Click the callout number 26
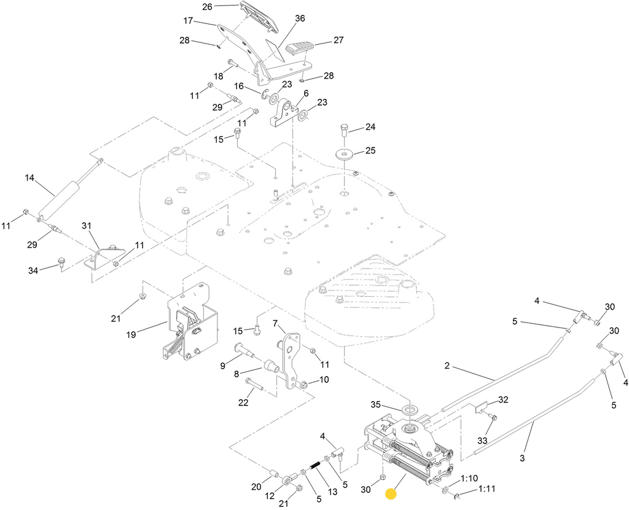(x=207, y=7)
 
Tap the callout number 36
(x=300, y=18)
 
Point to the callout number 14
(x=30, y=178)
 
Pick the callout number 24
(x=370, y=128)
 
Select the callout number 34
(x=33, y=270)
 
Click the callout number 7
(x=276, y=323)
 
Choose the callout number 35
(x=376, y=404)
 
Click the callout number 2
(x=448, y=366)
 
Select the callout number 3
(x=522, y=458)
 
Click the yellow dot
(x=390, y=493)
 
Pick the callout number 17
(x=189, y=21)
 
